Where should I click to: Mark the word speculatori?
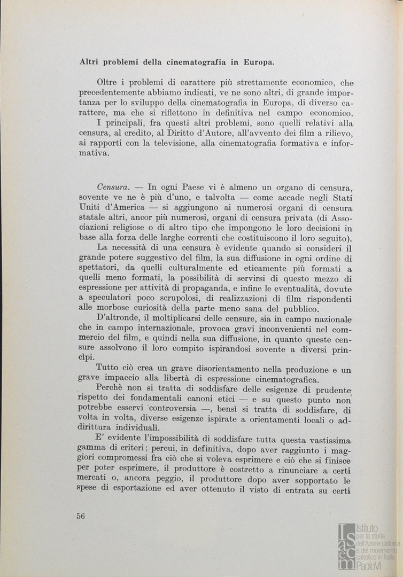[109, 299]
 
